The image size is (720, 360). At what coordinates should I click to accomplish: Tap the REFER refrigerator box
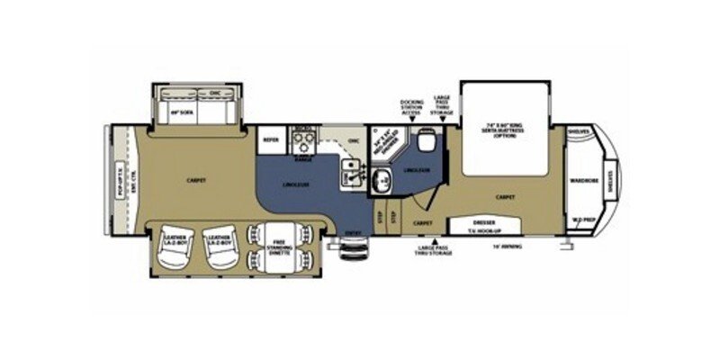268,139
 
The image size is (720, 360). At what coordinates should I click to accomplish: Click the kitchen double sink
350,171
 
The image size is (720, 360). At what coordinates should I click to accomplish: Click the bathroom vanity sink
382,180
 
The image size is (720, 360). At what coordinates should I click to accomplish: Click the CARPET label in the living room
197,180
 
